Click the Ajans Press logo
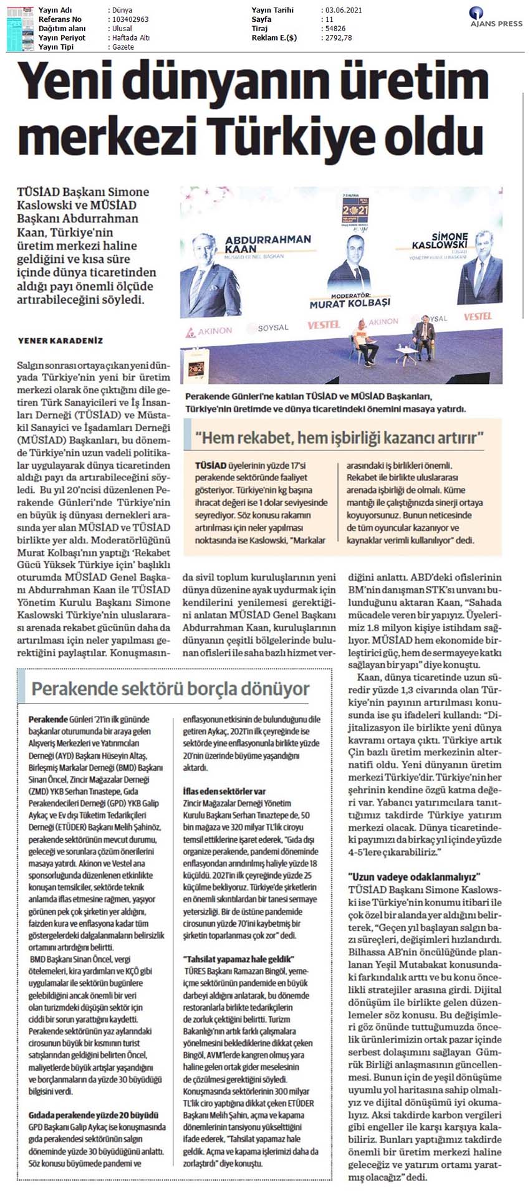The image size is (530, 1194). tap(495, 18)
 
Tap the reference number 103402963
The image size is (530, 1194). tap(130, 19)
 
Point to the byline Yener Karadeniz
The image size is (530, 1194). tap(60, 341)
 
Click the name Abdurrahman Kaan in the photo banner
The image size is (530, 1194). tap(267, 244)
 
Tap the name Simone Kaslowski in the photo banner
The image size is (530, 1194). tap(440, 240)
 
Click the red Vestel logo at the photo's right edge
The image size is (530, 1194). tap(478, 317)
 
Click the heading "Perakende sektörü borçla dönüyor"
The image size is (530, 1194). tap(170, 689)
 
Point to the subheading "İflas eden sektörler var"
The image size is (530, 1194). tap(224, 791)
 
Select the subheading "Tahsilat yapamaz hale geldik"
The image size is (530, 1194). tap(238, 958)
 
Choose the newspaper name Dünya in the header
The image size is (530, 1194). tap(123, 10)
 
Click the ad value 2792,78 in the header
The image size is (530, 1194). tap(339, 38)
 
